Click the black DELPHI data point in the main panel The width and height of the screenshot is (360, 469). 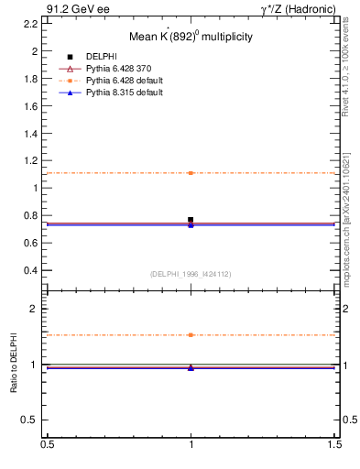(x=191, y=220)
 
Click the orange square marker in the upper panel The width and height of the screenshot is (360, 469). (x=191, y=173)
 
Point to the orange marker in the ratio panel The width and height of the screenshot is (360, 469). (x=191, y=335)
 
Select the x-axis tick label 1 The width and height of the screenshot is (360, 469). (x=191, y=446)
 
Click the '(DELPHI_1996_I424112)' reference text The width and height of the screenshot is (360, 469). (x=191, y=274)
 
